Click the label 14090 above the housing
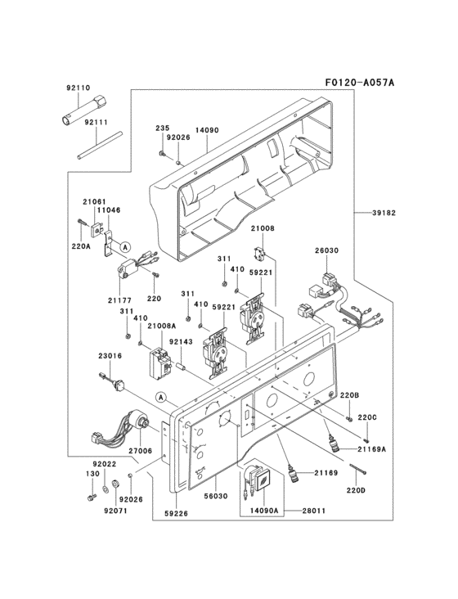click(x=207, y=128)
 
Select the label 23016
click(x=110, y=356)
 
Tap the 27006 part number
click(x=140, y=451)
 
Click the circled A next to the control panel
click(x=162, y=398)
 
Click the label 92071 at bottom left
click(x=116, y=511)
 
